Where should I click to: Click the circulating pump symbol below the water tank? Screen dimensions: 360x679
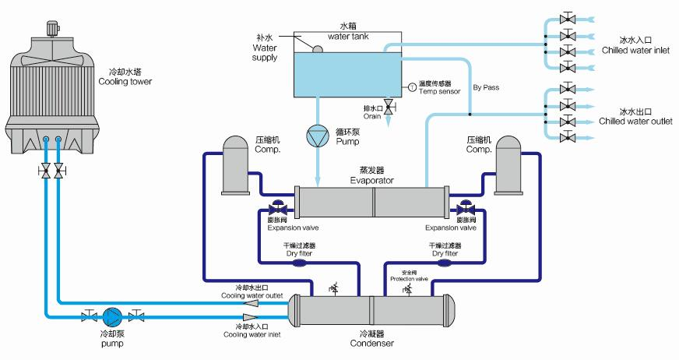click(x=316, y=136)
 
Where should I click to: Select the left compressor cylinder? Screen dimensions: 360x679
click(x=234, y=164)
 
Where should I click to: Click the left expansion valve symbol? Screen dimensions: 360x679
click(x=276, y=209)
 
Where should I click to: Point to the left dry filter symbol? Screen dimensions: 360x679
click(x=298, y=263)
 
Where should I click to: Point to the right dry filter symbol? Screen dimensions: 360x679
click(x=445, y=263)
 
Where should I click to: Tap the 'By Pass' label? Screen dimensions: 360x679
click(x=486, y=87)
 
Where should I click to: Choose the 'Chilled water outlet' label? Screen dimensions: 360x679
click(x=635, y=122)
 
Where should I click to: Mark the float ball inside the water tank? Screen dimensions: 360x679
click(x=317, y=50)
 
